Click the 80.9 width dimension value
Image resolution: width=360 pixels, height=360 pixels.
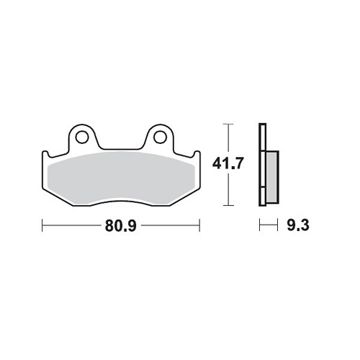coord(121,226)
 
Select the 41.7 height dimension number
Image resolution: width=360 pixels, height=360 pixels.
coord(228,163)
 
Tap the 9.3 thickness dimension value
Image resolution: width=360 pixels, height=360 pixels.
coord(298,225)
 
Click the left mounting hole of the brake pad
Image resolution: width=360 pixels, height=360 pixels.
coord(82,137)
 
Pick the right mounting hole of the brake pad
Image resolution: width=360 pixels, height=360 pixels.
coord(160,137)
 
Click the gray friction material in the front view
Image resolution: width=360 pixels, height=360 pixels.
coord(121,179)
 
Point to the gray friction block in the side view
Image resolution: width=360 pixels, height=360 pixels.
coord(272,177)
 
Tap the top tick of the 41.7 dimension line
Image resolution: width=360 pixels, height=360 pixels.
coord(228,124)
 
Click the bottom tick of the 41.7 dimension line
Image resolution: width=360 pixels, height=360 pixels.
coord(228,205)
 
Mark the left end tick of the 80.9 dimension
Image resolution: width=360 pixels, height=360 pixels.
coord(42,225)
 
